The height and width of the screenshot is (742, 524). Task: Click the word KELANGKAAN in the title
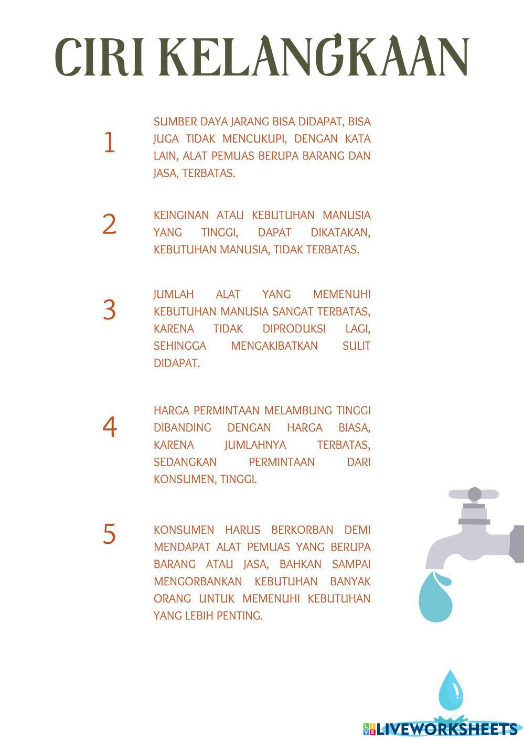tap(313, 55)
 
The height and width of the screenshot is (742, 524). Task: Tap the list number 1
tap(110, 143)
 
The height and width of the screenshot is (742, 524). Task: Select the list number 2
tap(110, 224)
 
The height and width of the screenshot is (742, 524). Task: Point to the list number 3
tap(110, 309)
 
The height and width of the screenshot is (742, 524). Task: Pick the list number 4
tap(110, 427)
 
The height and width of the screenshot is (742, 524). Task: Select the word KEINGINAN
tap(181, 216)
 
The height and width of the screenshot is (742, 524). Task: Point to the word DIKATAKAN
tap(340, 232)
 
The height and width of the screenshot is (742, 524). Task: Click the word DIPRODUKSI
tap(294, 329)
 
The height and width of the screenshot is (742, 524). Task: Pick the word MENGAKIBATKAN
tap(274, 346)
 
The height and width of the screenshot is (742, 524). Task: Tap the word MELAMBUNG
tap(298, 411)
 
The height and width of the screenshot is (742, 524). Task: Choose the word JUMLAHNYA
tap(255, 445)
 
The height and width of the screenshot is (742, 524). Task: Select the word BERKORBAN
tap(302, 530)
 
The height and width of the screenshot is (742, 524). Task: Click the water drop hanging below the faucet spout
tap(435, 596)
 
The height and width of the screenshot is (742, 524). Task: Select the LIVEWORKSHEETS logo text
tap(443, 729)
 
